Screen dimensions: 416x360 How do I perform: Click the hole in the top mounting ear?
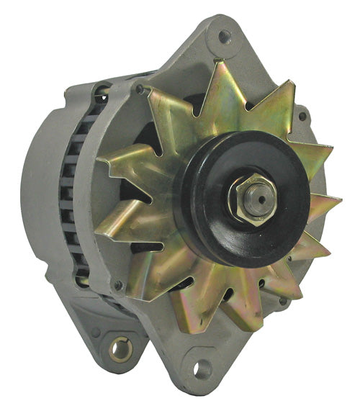point(225,34)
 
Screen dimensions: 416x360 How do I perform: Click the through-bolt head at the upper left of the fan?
point(140,90)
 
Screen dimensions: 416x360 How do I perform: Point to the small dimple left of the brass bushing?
point(95,333)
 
